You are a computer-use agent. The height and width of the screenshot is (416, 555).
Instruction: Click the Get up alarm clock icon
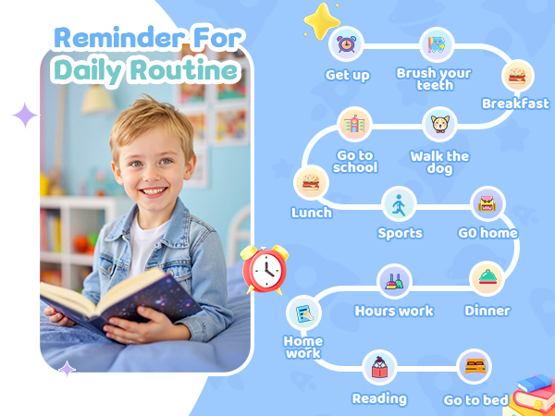click(x=346, y=43)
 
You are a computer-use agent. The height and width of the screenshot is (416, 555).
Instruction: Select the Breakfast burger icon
click(x=517, y=75)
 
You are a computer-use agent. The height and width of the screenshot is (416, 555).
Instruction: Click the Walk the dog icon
click(x=439, y=124)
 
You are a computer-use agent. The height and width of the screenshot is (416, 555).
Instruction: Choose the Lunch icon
click(x=310, y=182)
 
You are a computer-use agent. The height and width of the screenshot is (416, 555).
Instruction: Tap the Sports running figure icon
click(x=400, y=203)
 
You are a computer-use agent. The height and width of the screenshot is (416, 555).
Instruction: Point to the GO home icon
click(x=487, y=203)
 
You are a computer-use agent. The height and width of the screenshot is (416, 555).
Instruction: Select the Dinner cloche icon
click(x=487, y=278)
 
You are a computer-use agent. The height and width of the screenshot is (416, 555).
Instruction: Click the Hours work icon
click(x=394, y=280)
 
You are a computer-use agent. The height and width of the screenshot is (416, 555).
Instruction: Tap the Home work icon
click(x=302, y=314)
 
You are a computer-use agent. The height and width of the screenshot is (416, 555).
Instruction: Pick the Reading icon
click(x=379, y=367)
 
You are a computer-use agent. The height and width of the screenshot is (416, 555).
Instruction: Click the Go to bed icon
click(x=475, y=366)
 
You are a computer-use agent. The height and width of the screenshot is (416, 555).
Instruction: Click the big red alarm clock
click(x=265, y=270)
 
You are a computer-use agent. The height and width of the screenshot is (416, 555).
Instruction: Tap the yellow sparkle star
click(x=323, y=20)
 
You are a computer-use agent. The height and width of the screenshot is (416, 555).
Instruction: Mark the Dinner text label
click(x=487, y=311)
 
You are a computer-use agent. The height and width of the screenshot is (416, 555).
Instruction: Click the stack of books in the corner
click(x=534, y=393)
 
